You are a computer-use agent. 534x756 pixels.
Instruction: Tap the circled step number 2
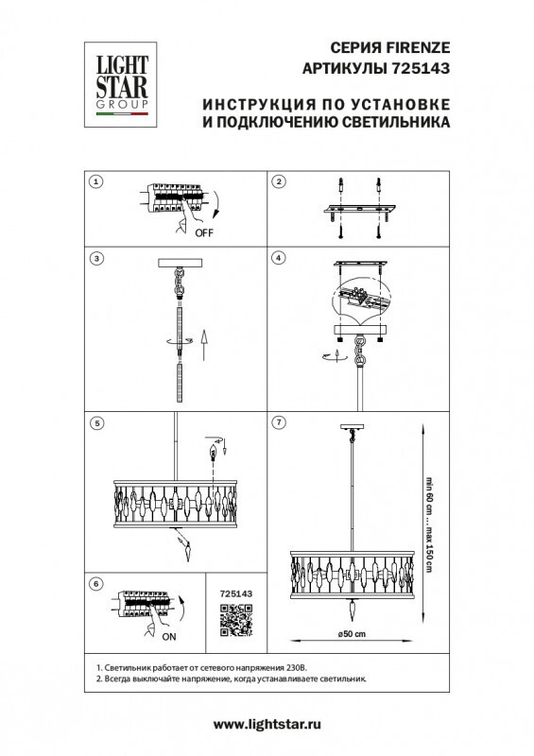(x=279, y=180)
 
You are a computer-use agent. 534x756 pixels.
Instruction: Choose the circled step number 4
(x=279, y=258)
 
